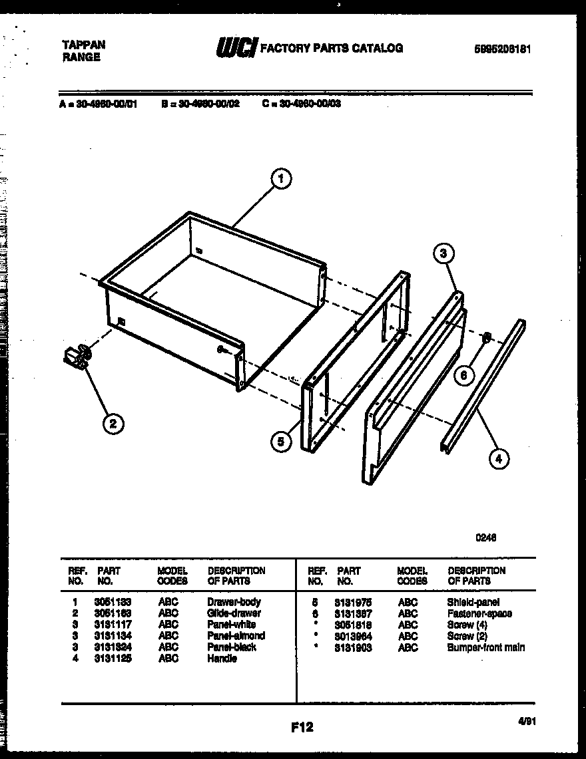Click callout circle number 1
tap(282, 178)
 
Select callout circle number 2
tap(113, 424)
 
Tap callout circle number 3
tap(444, 253)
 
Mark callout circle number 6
tap(464, 375)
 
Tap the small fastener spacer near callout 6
tap(486, 338)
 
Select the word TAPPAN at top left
tap(83, 45)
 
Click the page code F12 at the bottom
tap(302, 727)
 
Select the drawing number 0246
tap(485, 538)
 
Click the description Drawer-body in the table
tap(234, 601)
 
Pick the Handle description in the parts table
tap(222, 659)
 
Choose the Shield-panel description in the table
tap(473, 602)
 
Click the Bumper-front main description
tap(486, 647)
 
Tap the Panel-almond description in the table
tap(236, 635)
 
